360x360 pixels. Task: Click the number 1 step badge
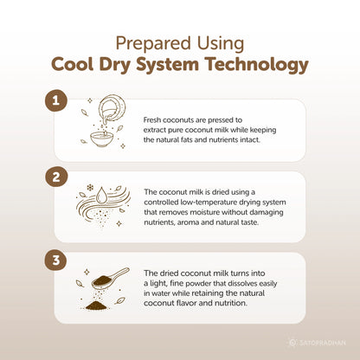point(56,101)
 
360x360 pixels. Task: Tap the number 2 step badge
point(56,177)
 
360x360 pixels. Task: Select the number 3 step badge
point(56,260)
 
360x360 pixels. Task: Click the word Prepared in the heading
point(153,44)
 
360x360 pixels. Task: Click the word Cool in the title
point(73,64)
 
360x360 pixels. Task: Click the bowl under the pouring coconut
point(102,139)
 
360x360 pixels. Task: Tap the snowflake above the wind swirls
point(90,188)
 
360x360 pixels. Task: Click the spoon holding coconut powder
point(110,278)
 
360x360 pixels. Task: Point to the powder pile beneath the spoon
point(96,305)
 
